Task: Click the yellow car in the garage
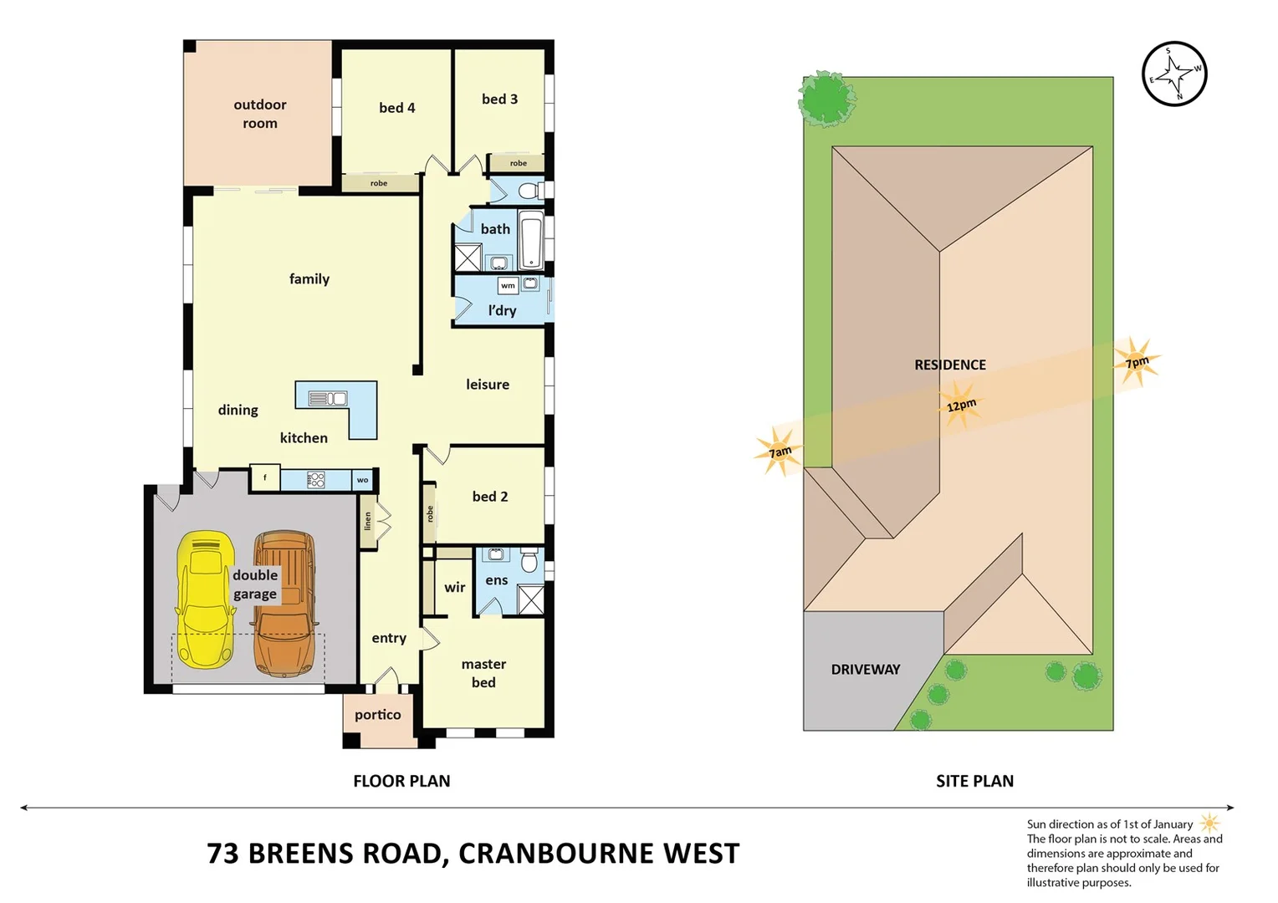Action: coord(204,600)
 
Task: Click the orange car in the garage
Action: coord(284,602)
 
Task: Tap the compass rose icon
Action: coord(1174,74)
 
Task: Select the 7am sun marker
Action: coord(780,452)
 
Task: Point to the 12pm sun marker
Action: coord(960,405)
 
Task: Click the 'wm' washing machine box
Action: coord(508,286)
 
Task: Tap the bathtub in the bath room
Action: coord(531,241)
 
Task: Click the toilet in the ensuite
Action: coord(529,560)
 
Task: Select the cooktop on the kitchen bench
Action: coord(316,480)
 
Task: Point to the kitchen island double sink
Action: coord(328,399)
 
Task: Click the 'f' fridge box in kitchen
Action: coord(265,478)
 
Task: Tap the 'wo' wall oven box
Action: coord(362,480)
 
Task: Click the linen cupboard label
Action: coord(367,522)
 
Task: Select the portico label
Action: coord(377,715)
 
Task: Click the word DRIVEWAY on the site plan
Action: coord(866,670)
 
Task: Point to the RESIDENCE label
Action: coord(949,365)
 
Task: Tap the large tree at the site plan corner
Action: coord(826,99)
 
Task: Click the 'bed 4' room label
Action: coord(396,108)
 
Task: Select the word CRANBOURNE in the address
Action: coord(556,854)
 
